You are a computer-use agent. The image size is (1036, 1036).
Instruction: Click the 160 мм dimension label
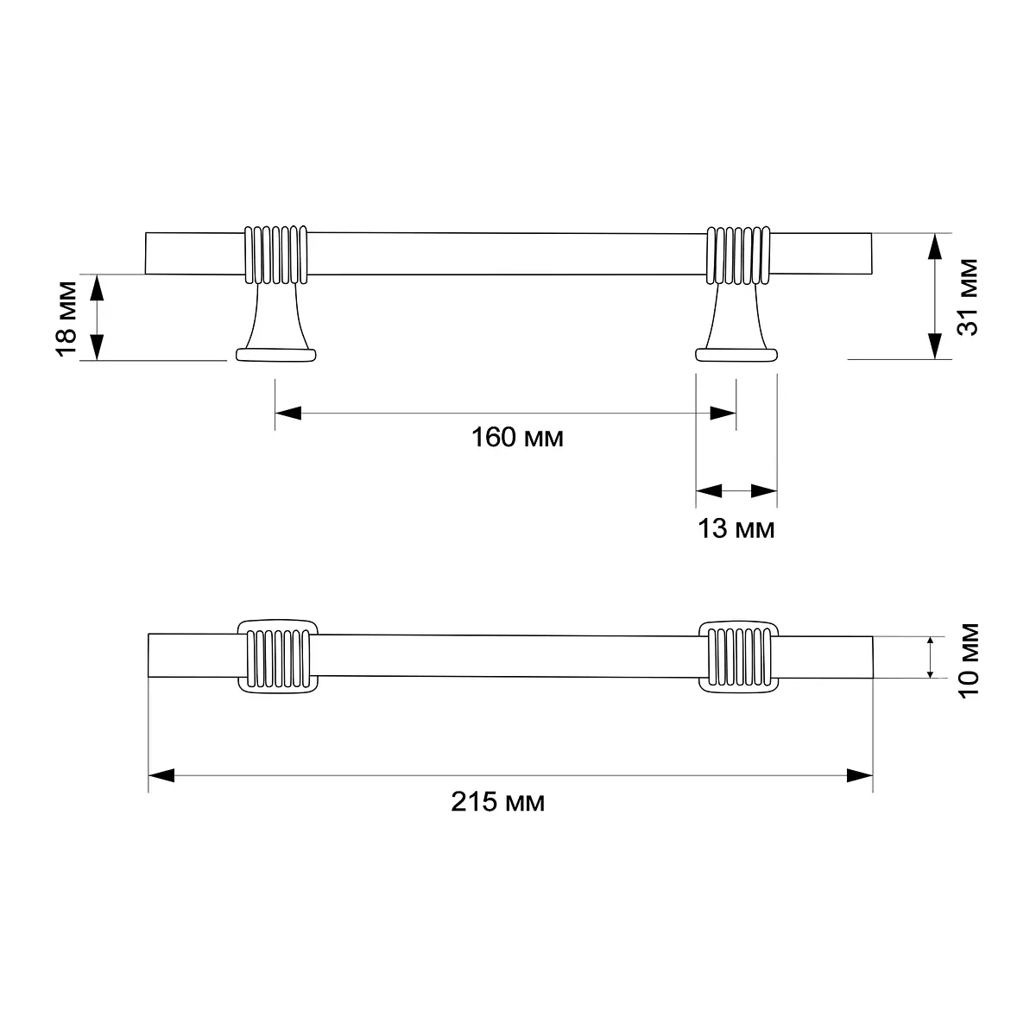point(517,438)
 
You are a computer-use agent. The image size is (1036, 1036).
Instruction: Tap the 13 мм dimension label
point(736,529)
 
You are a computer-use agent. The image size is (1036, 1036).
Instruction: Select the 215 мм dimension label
point(498,802)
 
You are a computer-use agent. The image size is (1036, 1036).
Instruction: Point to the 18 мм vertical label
point(66,319)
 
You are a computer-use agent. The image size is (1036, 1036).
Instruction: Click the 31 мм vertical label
point(968,297)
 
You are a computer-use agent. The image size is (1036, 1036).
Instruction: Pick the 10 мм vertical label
point(969,660)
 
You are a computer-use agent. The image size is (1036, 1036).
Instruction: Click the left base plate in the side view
point(275,355)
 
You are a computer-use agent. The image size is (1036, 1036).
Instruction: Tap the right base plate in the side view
point(736,355)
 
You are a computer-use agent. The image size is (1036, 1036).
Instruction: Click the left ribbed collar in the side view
point(275,255)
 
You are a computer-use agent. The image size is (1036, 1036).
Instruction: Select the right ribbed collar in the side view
point(738,255)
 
